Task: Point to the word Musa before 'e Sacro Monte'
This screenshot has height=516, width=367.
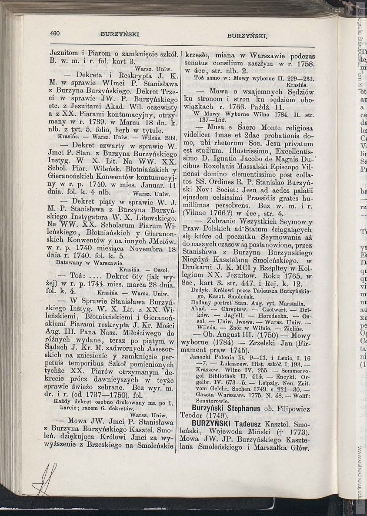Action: click(217, 128)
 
